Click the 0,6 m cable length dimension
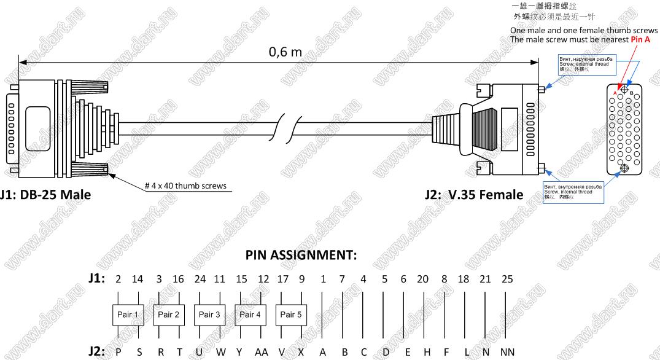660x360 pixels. [x=285, y=52]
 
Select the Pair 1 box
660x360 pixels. [x=128, y=315]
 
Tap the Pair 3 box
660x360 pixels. [x=209, y=315]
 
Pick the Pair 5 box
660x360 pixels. [x=291, y=315]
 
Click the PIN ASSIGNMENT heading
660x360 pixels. [x=301, y=255]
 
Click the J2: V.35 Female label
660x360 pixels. [x=474, y=195]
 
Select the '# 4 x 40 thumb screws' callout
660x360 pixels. [x=185, y=185]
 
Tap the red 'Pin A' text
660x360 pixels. [x=640, y=39]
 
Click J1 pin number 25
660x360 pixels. [x=507, y=279]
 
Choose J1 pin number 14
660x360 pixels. [x=138, y=279]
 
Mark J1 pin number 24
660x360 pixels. [x=200, y=279]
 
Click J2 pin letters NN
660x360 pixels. [x=507, y=352]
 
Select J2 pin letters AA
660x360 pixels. [x=262, y=352]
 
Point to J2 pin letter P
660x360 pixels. [x=118, y=352]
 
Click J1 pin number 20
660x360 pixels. [x=422, y=279]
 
